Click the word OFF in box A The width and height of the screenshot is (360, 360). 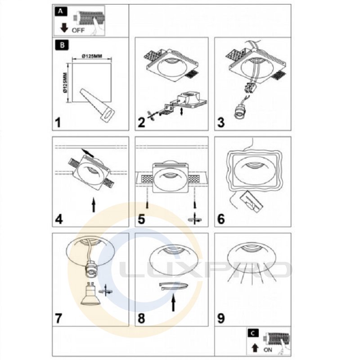click(x=78, y=30)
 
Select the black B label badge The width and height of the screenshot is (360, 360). click(x=62, y=45)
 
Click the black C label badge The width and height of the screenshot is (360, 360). click(x=253, y=333)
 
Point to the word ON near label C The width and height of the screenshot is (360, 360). click(x=268, y=350)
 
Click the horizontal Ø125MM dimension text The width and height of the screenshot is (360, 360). click(x=92, y=56)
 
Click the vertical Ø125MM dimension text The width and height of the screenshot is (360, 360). click(x=65, y=83)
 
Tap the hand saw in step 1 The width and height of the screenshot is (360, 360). click(x=97, y=106)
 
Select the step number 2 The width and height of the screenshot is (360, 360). click(x=141, y=122)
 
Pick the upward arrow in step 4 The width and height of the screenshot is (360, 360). click(x=94, y=205)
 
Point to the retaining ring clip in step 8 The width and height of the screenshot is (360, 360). click(x=174, y=286)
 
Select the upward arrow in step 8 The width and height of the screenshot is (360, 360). click(x=174, y=303)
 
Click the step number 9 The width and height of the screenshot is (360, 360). click(x=221, y=318)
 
